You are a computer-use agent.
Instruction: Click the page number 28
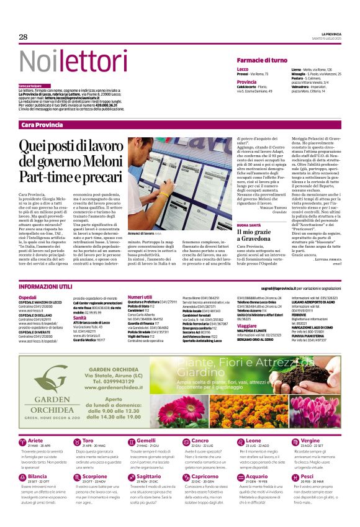point(23,37)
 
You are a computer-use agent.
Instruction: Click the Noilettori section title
point(66,61)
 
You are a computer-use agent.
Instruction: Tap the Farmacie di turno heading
point(262,60)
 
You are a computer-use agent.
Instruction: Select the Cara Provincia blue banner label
point(42,125)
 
